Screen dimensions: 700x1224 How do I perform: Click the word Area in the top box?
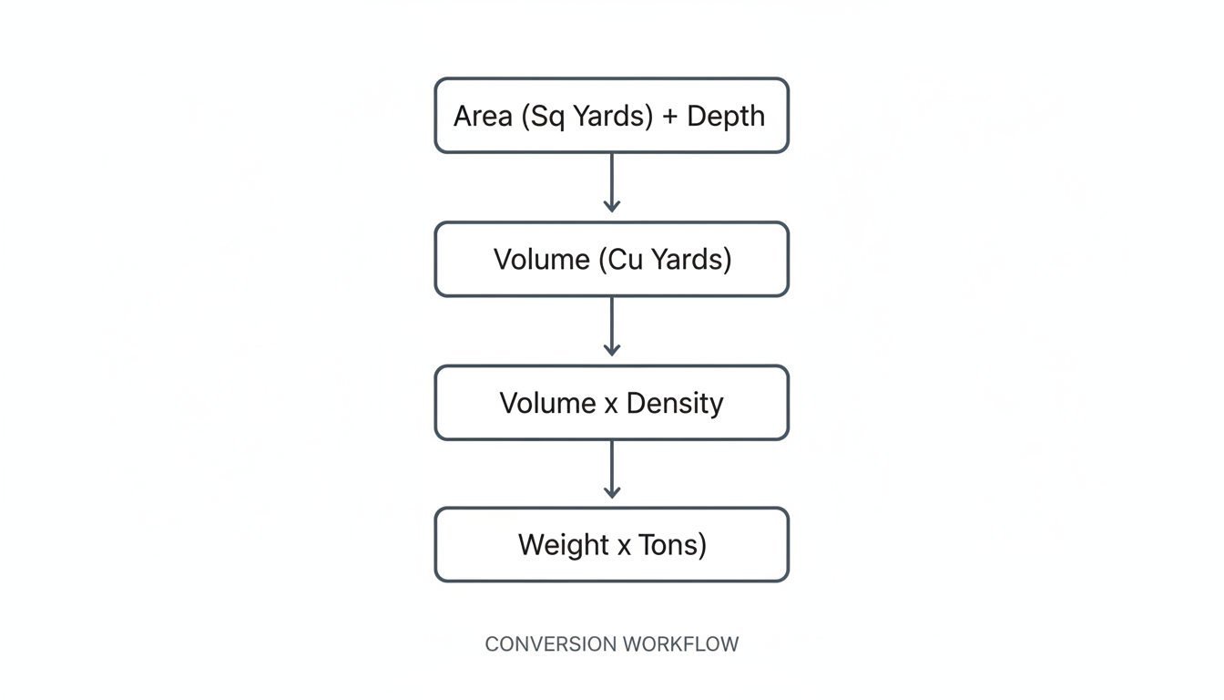tap(484, 117)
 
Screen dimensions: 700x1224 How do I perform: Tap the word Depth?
tap(726, 117)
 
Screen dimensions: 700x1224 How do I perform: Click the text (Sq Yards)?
tap(587, 117)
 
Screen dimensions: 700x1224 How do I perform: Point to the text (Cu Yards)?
tap(665, 260)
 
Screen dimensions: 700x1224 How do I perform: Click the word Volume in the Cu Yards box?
tap(541, 260)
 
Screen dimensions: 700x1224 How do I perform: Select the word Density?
tap(675, 403)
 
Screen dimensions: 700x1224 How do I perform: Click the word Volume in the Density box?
tap(547, 403)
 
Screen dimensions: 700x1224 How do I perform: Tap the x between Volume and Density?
tap(611, 404)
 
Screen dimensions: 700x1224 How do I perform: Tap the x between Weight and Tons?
tap(624, 546)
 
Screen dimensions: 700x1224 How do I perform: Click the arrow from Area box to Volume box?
tap(612, 182)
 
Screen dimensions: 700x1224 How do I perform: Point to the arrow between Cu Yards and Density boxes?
tap(612, 325)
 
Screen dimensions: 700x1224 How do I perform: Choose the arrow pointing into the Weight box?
tap(612, 468)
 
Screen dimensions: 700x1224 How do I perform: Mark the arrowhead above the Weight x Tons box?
tap(612, 492)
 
